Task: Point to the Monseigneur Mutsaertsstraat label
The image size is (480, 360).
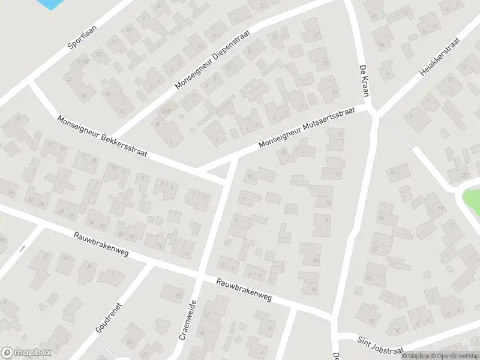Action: pos(307,128)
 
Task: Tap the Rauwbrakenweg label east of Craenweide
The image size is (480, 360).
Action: pos(244,290)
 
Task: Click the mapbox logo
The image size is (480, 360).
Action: pos(26,353)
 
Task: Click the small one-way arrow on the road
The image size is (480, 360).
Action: pos(23,247)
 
